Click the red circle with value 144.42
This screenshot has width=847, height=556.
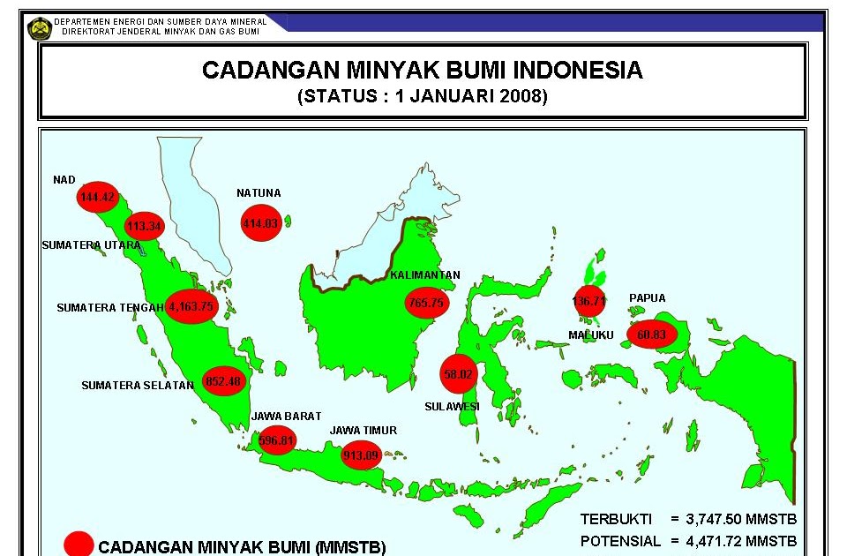click(97, 197)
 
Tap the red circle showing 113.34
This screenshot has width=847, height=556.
click(145, 226)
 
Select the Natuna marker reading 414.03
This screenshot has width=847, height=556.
click(260, 224)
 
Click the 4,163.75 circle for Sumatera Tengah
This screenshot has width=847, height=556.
click(191, 307)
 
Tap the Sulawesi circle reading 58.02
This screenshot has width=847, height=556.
click(459, 374)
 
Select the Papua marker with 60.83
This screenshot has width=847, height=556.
click(652, 334)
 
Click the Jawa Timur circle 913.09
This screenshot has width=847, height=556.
click(362, 455)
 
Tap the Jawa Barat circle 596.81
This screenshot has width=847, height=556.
click(277, 440)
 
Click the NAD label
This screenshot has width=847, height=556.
click(64, 180)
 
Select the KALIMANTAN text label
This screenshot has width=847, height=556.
click(425, 275)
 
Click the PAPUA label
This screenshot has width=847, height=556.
click(647, 298)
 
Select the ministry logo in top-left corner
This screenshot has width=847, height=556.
click(40, 28)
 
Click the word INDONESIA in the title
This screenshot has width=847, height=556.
click(578, 70)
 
